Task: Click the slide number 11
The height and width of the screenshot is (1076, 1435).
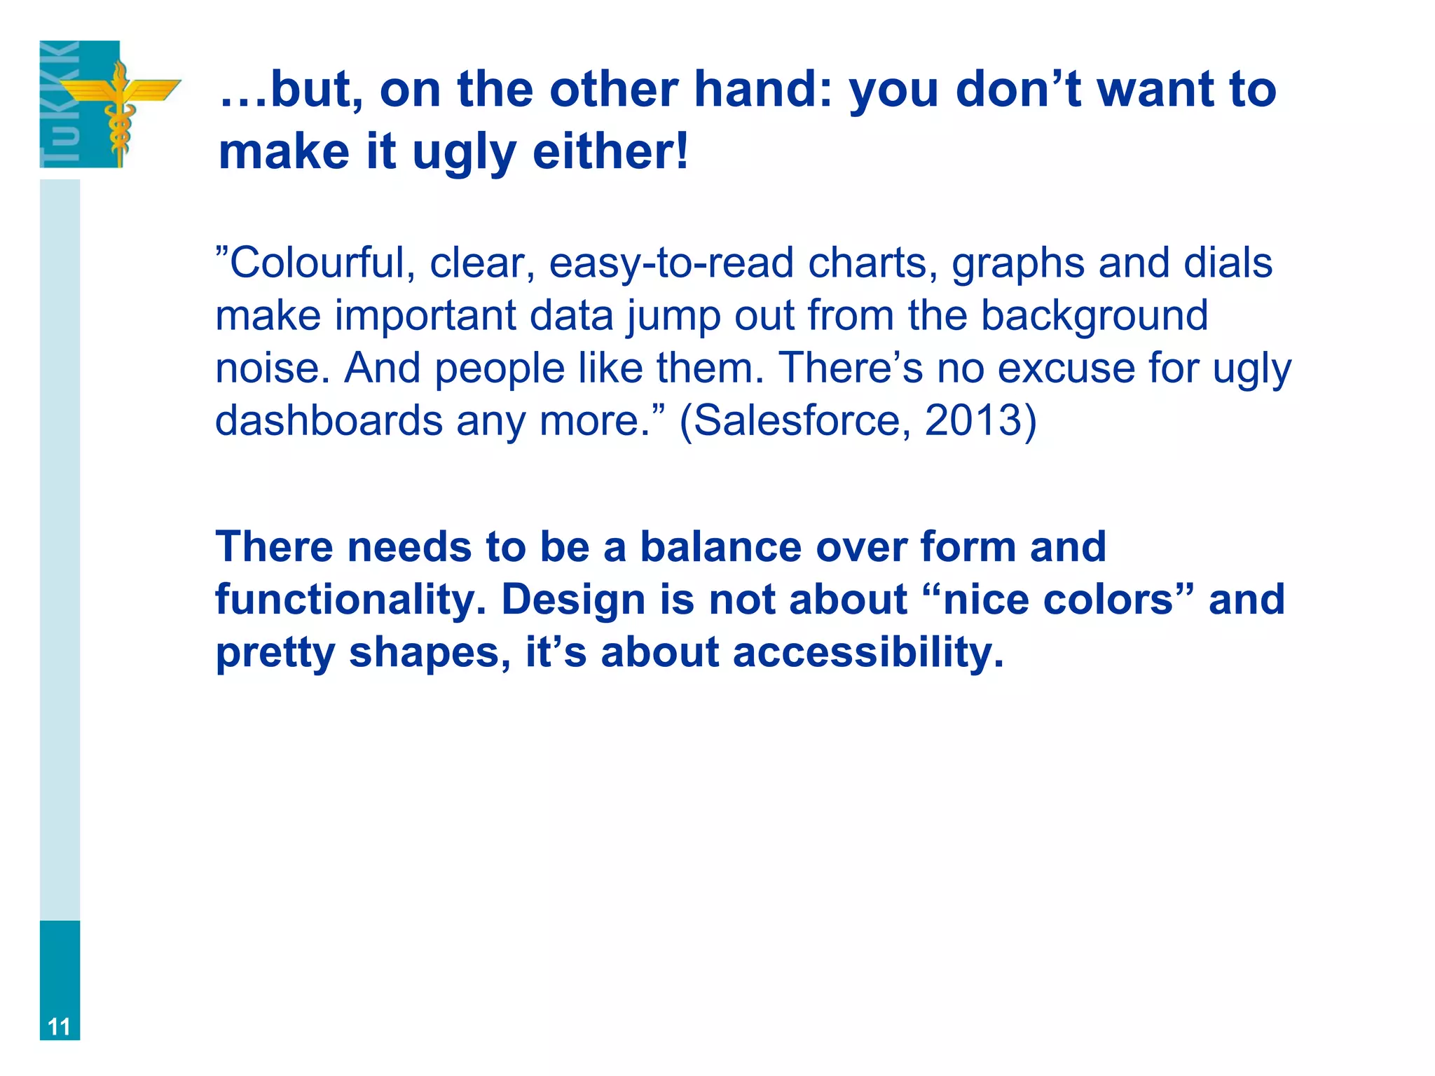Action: pos(60,1027)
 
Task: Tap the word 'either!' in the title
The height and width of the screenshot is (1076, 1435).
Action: pos(610,152)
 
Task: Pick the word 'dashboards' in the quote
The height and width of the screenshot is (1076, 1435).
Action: pos(329,420)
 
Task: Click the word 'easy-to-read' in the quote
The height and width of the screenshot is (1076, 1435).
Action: pos(671,263)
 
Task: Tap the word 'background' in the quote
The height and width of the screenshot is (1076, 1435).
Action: pos(1094,316)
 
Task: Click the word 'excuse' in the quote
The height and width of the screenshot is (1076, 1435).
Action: pos(1066,368)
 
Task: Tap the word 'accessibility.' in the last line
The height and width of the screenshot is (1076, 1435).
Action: pos(868,652)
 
